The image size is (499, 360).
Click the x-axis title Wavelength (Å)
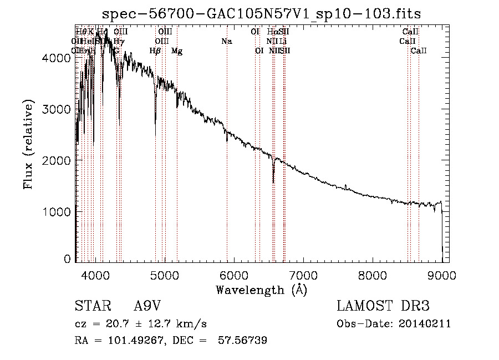(261, 290)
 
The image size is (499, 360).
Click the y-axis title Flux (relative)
(28, 145)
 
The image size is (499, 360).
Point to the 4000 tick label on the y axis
(59, 58)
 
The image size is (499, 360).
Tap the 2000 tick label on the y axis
(59, 160)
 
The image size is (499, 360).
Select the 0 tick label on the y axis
(67, 259)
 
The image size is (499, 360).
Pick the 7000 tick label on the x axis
(303, 274)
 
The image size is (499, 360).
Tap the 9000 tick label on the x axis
(442, 274)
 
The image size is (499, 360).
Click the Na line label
(226, 41)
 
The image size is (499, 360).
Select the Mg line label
(177, 51)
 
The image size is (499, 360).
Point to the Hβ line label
(155, 51)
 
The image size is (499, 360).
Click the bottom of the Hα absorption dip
(273, 182)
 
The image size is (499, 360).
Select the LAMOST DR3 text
(383, 306)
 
